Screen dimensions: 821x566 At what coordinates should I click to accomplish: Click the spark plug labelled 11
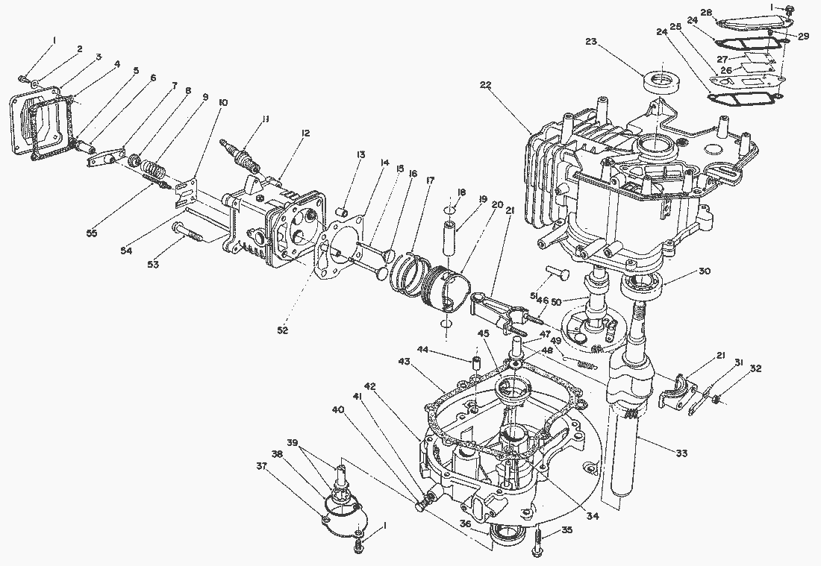(x=240, y=155)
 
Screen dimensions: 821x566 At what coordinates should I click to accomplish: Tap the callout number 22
(x=485, y=86)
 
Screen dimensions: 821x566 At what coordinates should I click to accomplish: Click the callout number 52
(x=283, y=330)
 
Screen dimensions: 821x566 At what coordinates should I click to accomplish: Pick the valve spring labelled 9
(x=153, y=169)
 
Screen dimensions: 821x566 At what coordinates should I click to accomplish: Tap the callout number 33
(x=681, y=453)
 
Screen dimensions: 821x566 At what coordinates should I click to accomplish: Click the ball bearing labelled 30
(x=642, y=286)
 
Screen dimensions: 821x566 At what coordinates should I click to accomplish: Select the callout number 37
(x=261, y=465)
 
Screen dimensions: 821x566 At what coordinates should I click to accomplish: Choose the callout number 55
(x=92, y=233)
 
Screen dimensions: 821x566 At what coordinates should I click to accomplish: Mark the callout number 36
(x=466, y=523)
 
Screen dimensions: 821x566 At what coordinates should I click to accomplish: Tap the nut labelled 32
(x=716, y=400)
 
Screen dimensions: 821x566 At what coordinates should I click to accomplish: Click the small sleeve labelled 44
(x=476, y=362)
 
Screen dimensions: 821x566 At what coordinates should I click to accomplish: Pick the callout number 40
(x=339, y=409)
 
